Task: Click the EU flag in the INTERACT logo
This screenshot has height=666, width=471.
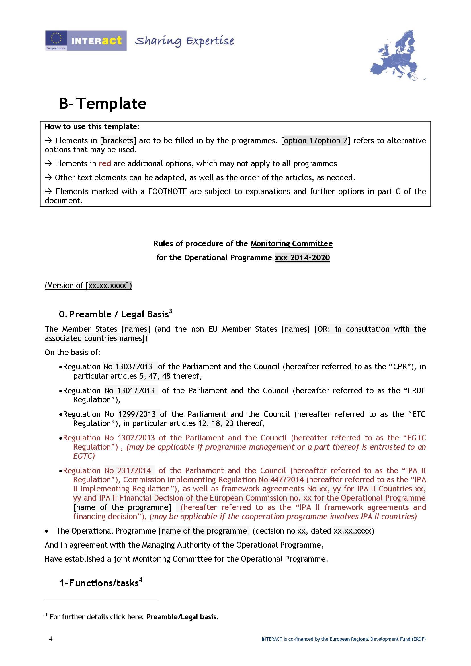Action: coord(56,38)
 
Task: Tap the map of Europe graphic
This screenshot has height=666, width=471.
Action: coord(398,55)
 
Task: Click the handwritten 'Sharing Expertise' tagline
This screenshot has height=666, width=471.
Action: coord(184,41)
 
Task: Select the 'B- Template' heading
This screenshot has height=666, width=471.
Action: coord(103,104)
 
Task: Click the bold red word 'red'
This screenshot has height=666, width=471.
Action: coord(105,164)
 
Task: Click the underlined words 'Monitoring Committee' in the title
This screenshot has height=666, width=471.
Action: coord(292,244)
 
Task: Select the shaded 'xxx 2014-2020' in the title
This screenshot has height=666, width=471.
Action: coord(302,258)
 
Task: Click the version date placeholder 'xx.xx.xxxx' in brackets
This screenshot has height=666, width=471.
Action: coord(107,286)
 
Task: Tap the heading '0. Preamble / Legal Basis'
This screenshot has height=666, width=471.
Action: coord(115,314)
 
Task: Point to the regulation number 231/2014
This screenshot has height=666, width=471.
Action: coord(134,470)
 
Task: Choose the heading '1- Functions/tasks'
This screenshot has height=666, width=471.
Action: coord(100,583)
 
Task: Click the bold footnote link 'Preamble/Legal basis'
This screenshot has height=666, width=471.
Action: coord(181,617)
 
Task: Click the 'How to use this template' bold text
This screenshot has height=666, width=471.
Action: coord(91,127)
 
